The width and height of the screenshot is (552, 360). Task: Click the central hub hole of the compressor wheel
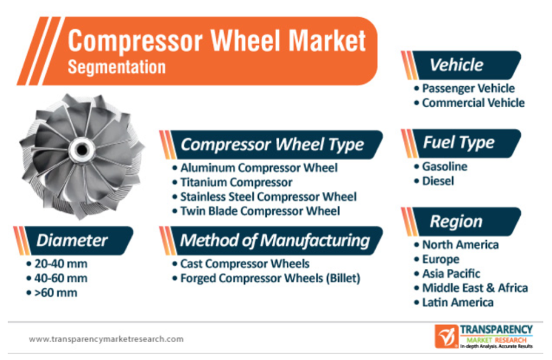[x=82, y=150]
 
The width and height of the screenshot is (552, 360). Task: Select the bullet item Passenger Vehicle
[x=468, y=88]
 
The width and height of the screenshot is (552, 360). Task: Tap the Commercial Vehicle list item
[x=473, y=103]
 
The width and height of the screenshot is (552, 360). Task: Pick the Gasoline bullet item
[x=445, y=167]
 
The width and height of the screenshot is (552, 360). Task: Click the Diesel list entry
[x=438, y=181]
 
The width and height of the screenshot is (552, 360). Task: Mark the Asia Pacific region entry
[x=451, y=273]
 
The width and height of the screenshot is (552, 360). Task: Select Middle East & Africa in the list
[x=475, y=288]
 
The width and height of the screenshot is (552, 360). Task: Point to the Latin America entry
[x=458, y=302]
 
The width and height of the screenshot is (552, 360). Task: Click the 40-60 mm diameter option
[x=60, y=279]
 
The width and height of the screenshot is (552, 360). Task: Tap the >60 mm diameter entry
[x=56, y=293]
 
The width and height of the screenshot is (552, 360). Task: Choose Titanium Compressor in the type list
[x=236, y=182]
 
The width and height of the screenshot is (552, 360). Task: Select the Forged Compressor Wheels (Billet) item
[x=270, y=279]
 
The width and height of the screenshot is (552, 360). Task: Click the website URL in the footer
[x=106, y=339]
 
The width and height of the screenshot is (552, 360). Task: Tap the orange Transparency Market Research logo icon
[x=446, y=336]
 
